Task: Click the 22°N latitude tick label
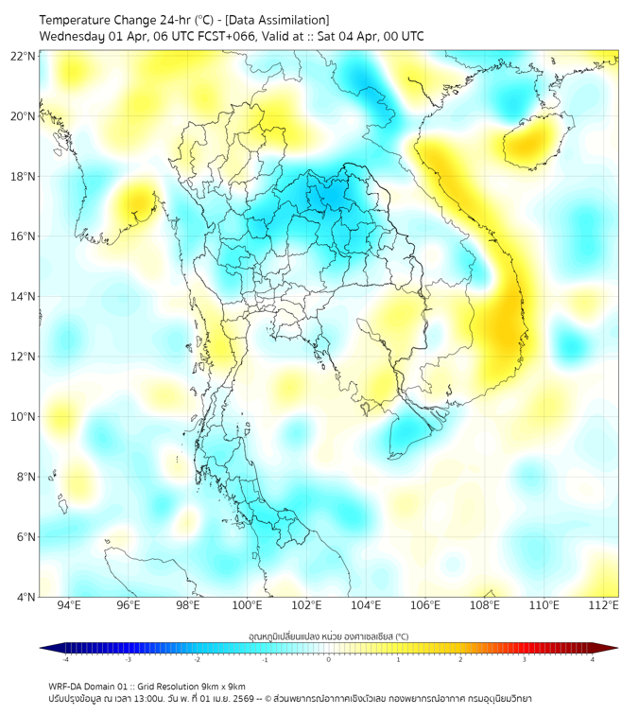tap(23, 56)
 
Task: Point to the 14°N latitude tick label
tap(23, 296)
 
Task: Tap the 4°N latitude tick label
tap(26, 597)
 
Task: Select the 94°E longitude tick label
tap(69, 605)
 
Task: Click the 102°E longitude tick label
tap(306, 605)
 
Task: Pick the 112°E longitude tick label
tap(603, 605)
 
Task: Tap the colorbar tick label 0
tap(329, 659)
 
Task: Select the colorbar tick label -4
tap(64, 659)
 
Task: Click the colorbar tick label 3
tap(525, 659)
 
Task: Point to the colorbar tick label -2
tap(196, 659)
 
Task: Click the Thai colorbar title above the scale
tap(328, 636)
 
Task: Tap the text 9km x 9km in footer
tap(222, 686)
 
